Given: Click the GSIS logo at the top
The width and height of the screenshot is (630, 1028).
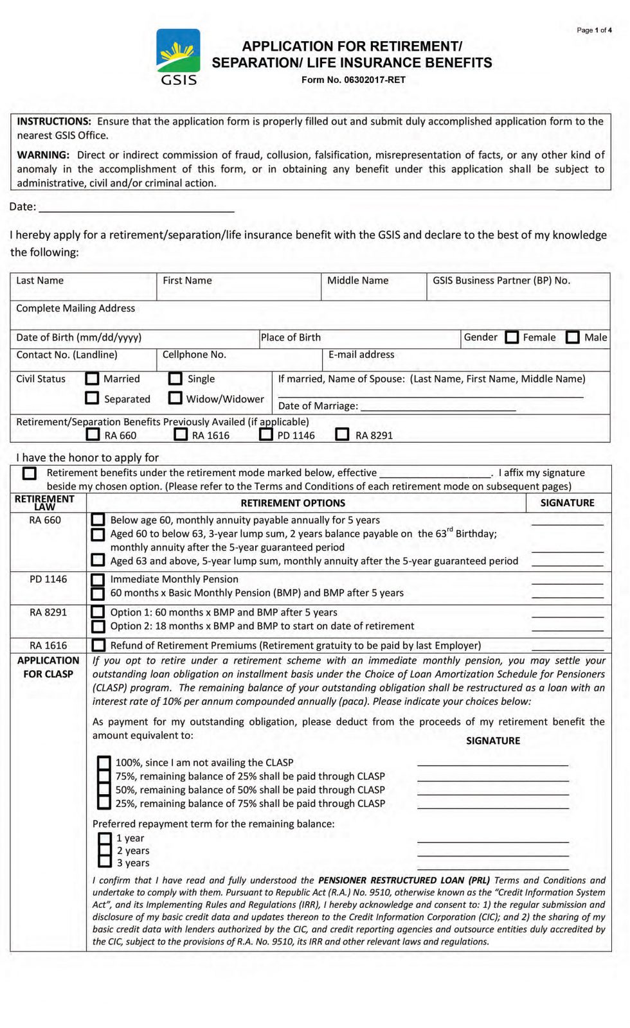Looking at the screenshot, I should [x=178, y=57].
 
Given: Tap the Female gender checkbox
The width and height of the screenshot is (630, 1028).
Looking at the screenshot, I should [x=512, y=337].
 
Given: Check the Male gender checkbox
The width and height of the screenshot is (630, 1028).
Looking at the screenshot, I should [x=573, y=337].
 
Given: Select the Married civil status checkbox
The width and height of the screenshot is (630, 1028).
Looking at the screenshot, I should [x=93, y=378].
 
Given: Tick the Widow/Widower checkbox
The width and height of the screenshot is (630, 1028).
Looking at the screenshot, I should [x=175, y=398].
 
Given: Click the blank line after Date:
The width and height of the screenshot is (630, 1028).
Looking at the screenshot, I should [x=136, y=207].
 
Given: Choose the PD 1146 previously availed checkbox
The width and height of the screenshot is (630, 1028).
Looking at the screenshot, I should [x=266, y=435].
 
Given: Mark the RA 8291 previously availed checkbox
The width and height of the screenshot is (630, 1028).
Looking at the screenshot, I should [x=343, y=435].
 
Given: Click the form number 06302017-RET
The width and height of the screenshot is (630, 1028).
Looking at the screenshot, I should [x=354, y=80].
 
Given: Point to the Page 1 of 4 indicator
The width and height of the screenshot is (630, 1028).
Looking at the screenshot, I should [x=593, y=30].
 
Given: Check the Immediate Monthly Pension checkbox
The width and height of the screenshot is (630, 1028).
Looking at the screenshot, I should [x=98, y=580].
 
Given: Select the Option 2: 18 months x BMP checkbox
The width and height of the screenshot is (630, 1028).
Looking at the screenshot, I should [x=98, y=626].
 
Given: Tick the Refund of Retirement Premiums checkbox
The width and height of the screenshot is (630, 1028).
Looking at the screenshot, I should [x=98, y=645].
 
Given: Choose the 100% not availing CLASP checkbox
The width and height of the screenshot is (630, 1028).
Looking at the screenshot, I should [x=104, y=763].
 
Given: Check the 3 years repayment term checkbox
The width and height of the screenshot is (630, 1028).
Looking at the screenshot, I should [x=105, y=862].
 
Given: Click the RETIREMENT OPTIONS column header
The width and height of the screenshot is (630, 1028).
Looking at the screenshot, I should [x=292, y=503].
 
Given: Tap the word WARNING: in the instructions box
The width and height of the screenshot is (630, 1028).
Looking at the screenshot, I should [x=43, y=155].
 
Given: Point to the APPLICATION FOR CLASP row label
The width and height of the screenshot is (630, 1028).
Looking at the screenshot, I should [x=48, y=667].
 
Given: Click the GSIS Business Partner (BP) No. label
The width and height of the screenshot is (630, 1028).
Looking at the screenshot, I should [x=501, y=281].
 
